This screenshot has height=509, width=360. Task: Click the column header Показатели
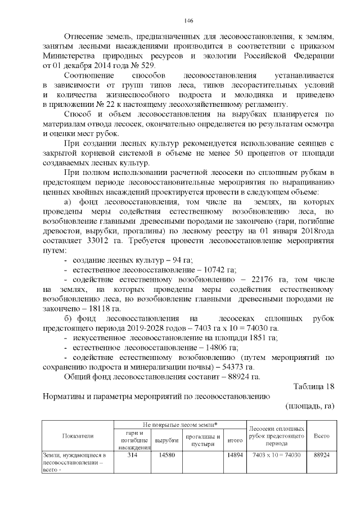coord(78,435)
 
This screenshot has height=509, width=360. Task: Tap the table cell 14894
coord(234,454)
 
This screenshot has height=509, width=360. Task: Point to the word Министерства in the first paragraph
coord(67,56)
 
